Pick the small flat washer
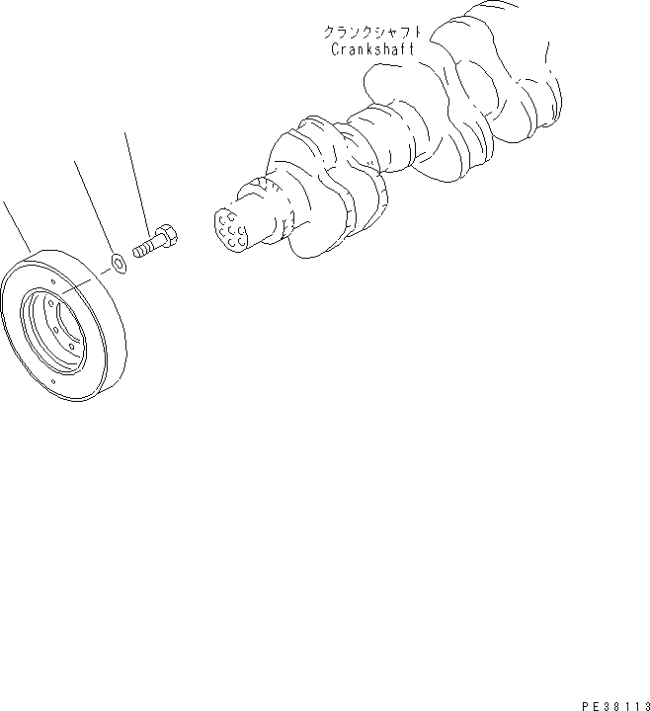[117, 263]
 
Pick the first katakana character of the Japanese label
[329, 32]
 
